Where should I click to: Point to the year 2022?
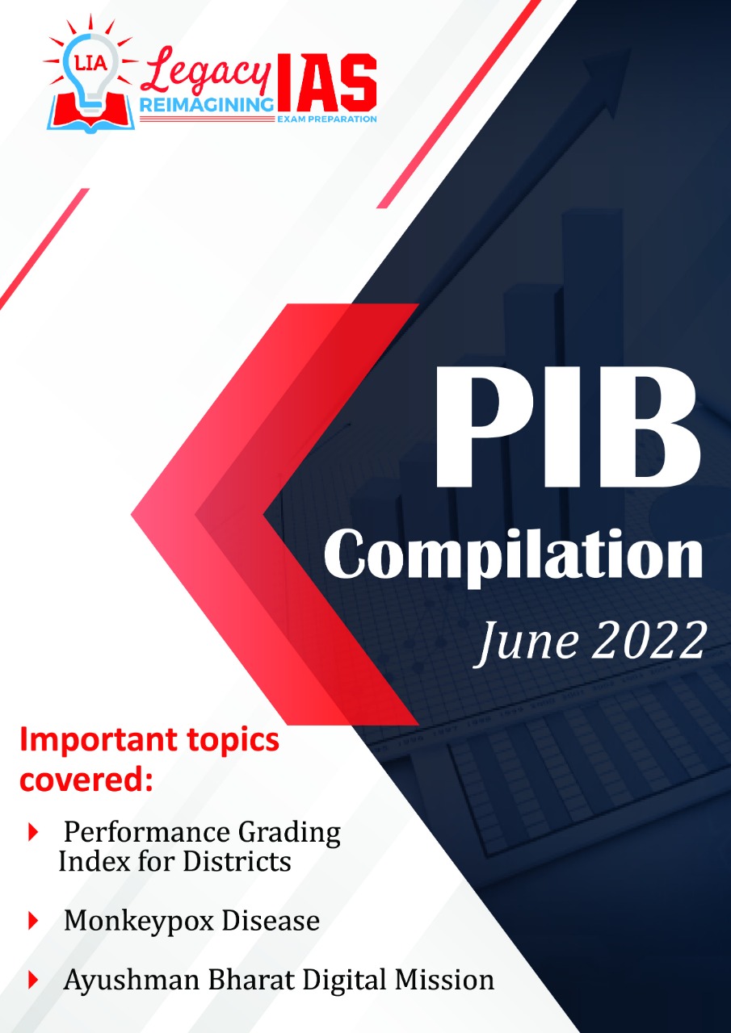click(x=650, y=642)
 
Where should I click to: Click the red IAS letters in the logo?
click(x=327, y=83)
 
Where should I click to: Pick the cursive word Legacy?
click(x=205, y=72)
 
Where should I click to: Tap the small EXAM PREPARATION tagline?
click(x=327, y=119)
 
